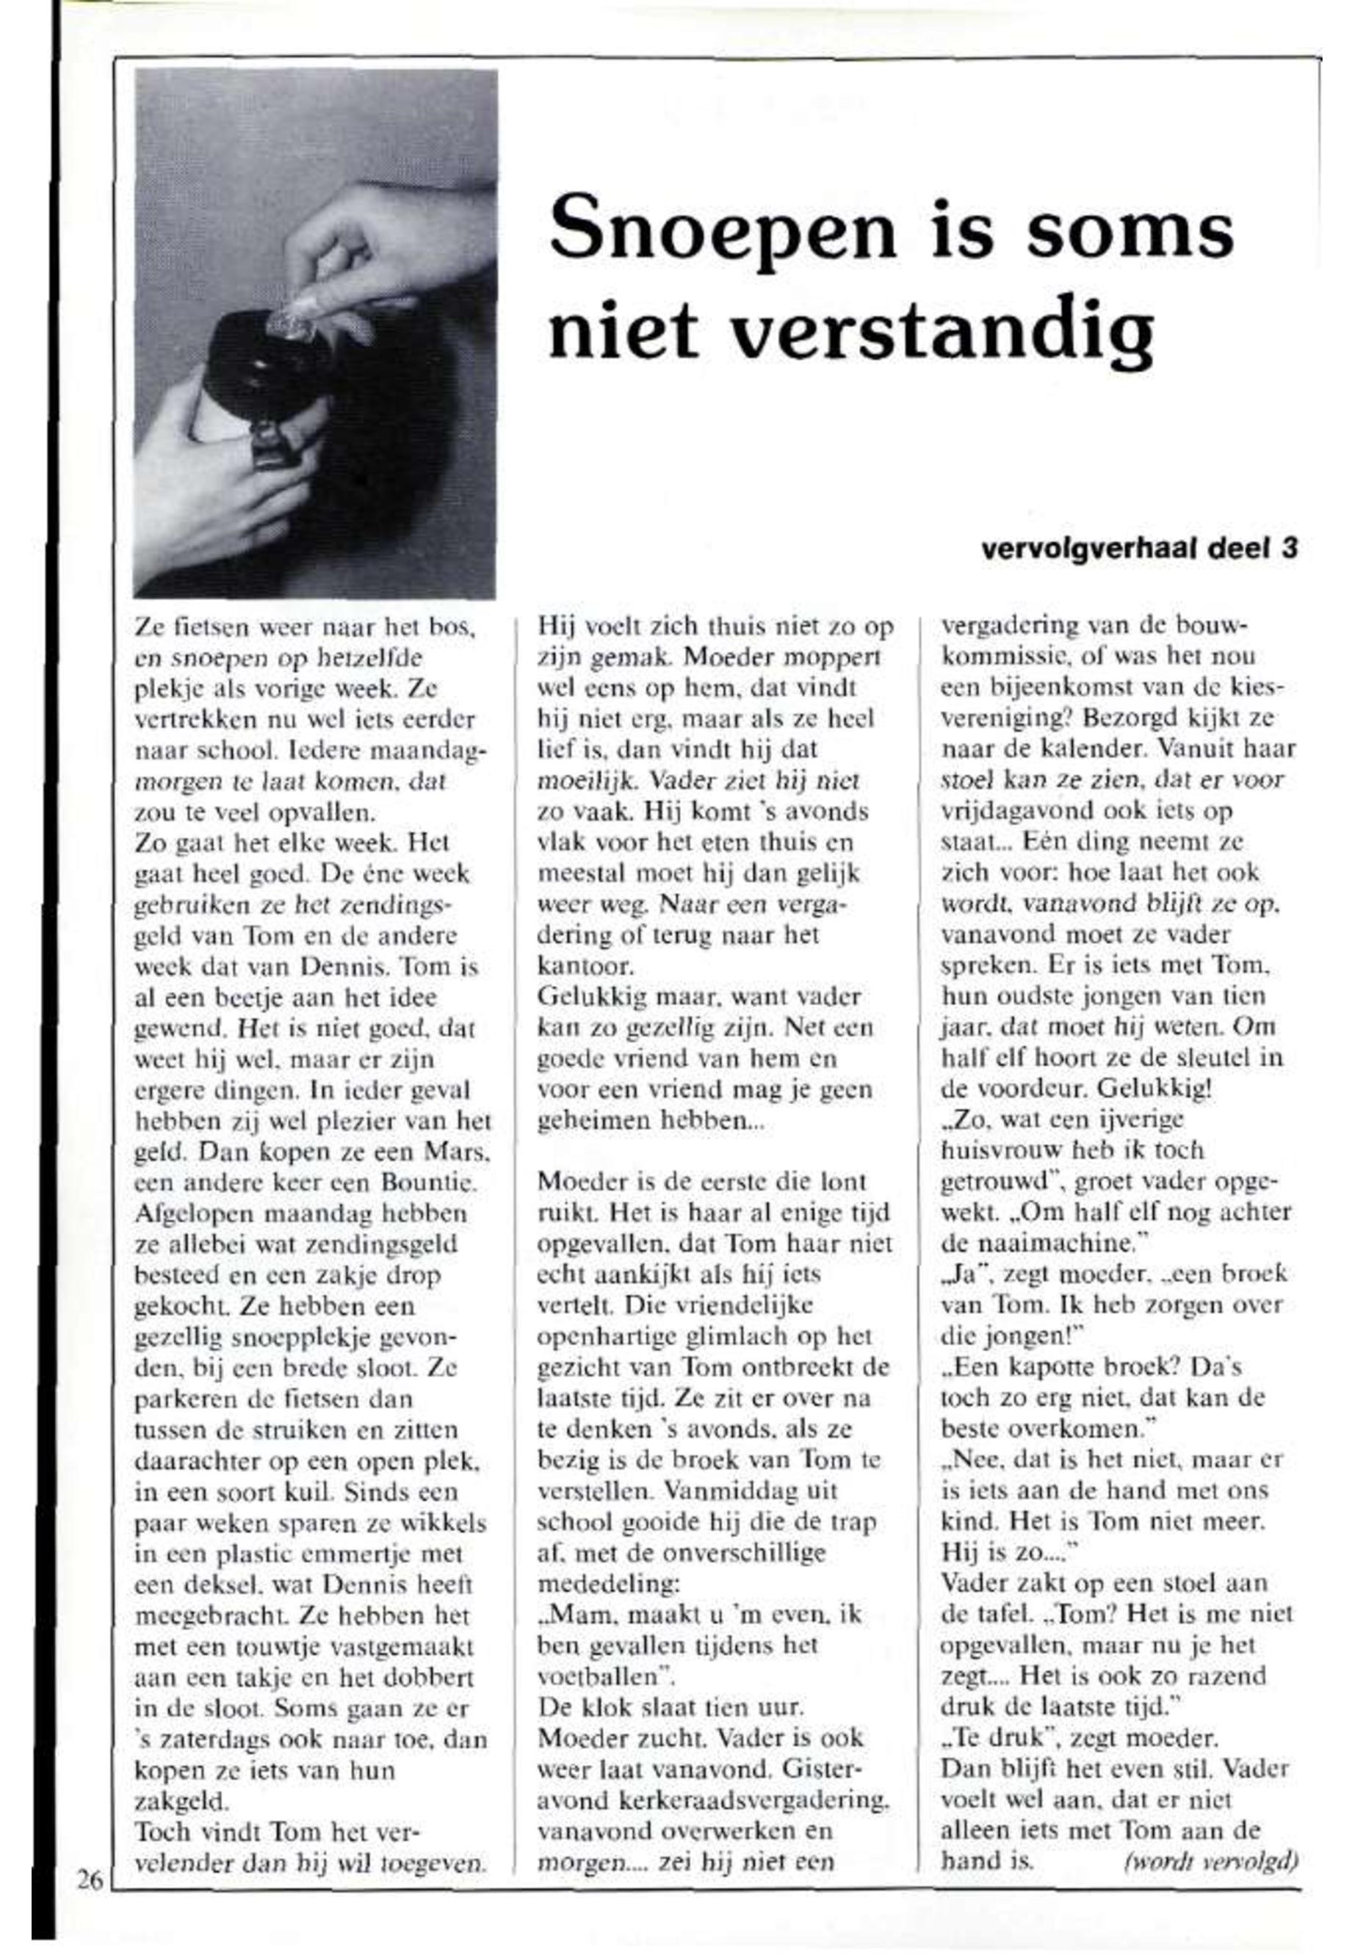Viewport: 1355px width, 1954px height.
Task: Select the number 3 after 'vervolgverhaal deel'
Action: (x=1290, y=550)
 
